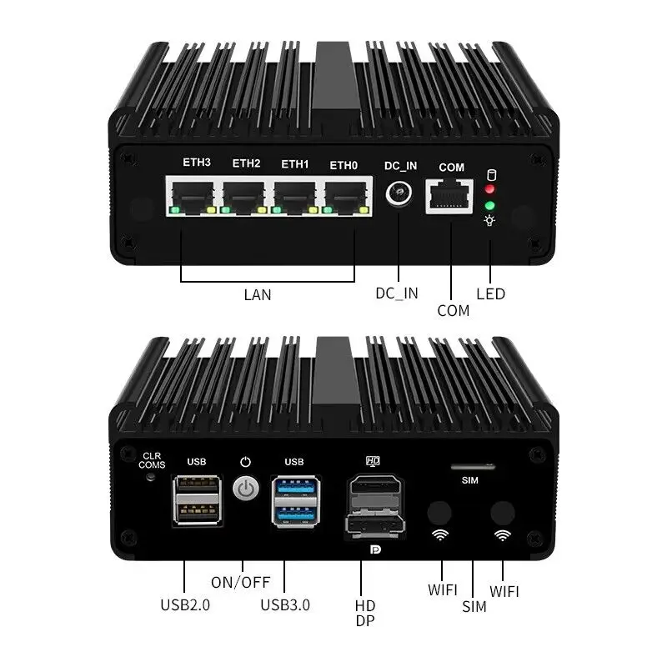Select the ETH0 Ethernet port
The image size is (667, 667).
pos(347,195)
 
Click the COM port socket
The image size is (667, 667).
pos(451,197)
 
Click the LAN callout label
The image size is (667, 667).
pos(258,294)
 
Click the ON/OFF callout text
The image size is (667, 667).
pos(239,582)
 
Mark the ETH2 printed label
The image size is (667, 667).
pos(246,163)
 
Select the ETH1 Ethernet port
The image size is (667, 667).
pos(295,195)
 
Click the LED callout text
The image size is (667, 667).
pos(490,293)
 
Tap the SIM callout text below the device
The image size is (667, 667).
pos(474,606)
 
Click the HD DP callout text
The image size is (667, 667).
pos(364,613)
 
